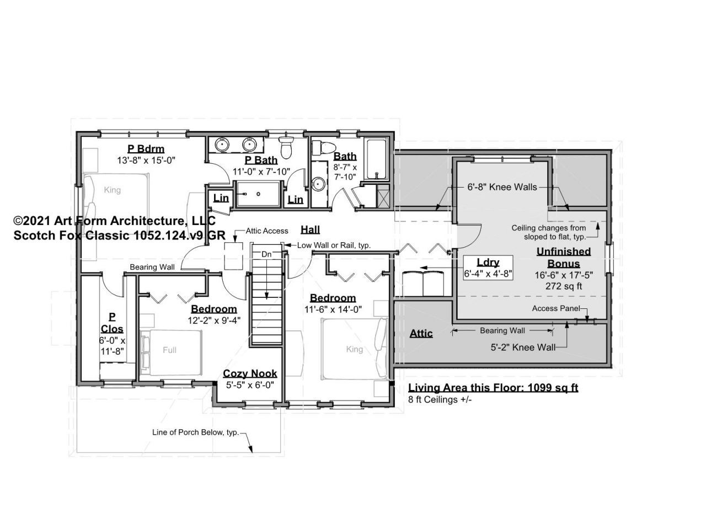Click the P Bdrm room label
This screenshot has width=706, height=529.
tap(146, 149)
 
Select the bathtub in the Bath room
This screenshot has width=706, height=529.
tap(376, 158)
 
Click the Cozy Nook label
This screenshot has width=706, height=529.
tap(250, 373)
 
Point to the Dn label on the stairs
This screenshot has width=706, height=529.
tap(266, 254)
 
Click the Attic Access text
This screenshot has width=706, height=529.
tap(266, 231)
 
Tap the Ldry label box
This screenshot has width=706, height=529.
tap(488, 268)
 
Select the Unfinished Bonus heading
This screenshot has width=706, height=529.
tap(564, 257)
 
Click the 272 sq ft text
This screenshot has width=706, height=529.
tap(564, 286)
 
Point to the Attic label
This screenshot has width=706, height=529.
tap(421, 334)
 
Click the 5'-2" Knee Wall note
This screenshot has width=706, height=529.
tap(523, 348)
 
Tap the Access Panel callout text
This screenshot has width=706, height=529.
tap(556, 308)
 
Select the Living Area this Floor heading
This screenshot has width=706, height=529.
tap(493, 387)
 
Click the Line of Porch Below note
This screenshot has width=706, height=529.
tap(196, 432)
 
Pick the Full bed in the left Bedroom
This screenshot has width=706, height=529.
tap(171, 352)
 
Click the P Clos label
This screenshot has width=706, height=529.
tap(112, 323)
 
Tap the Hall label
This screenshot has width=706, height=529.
tap(310, 229)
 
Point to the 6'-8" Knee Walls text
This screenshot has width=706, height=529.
tap(502, 187)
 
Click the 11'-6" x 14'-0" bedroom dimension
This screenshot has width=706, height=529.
tap(333, 309)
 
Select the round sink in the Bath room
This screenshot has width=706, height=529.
tap(318, 184)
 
